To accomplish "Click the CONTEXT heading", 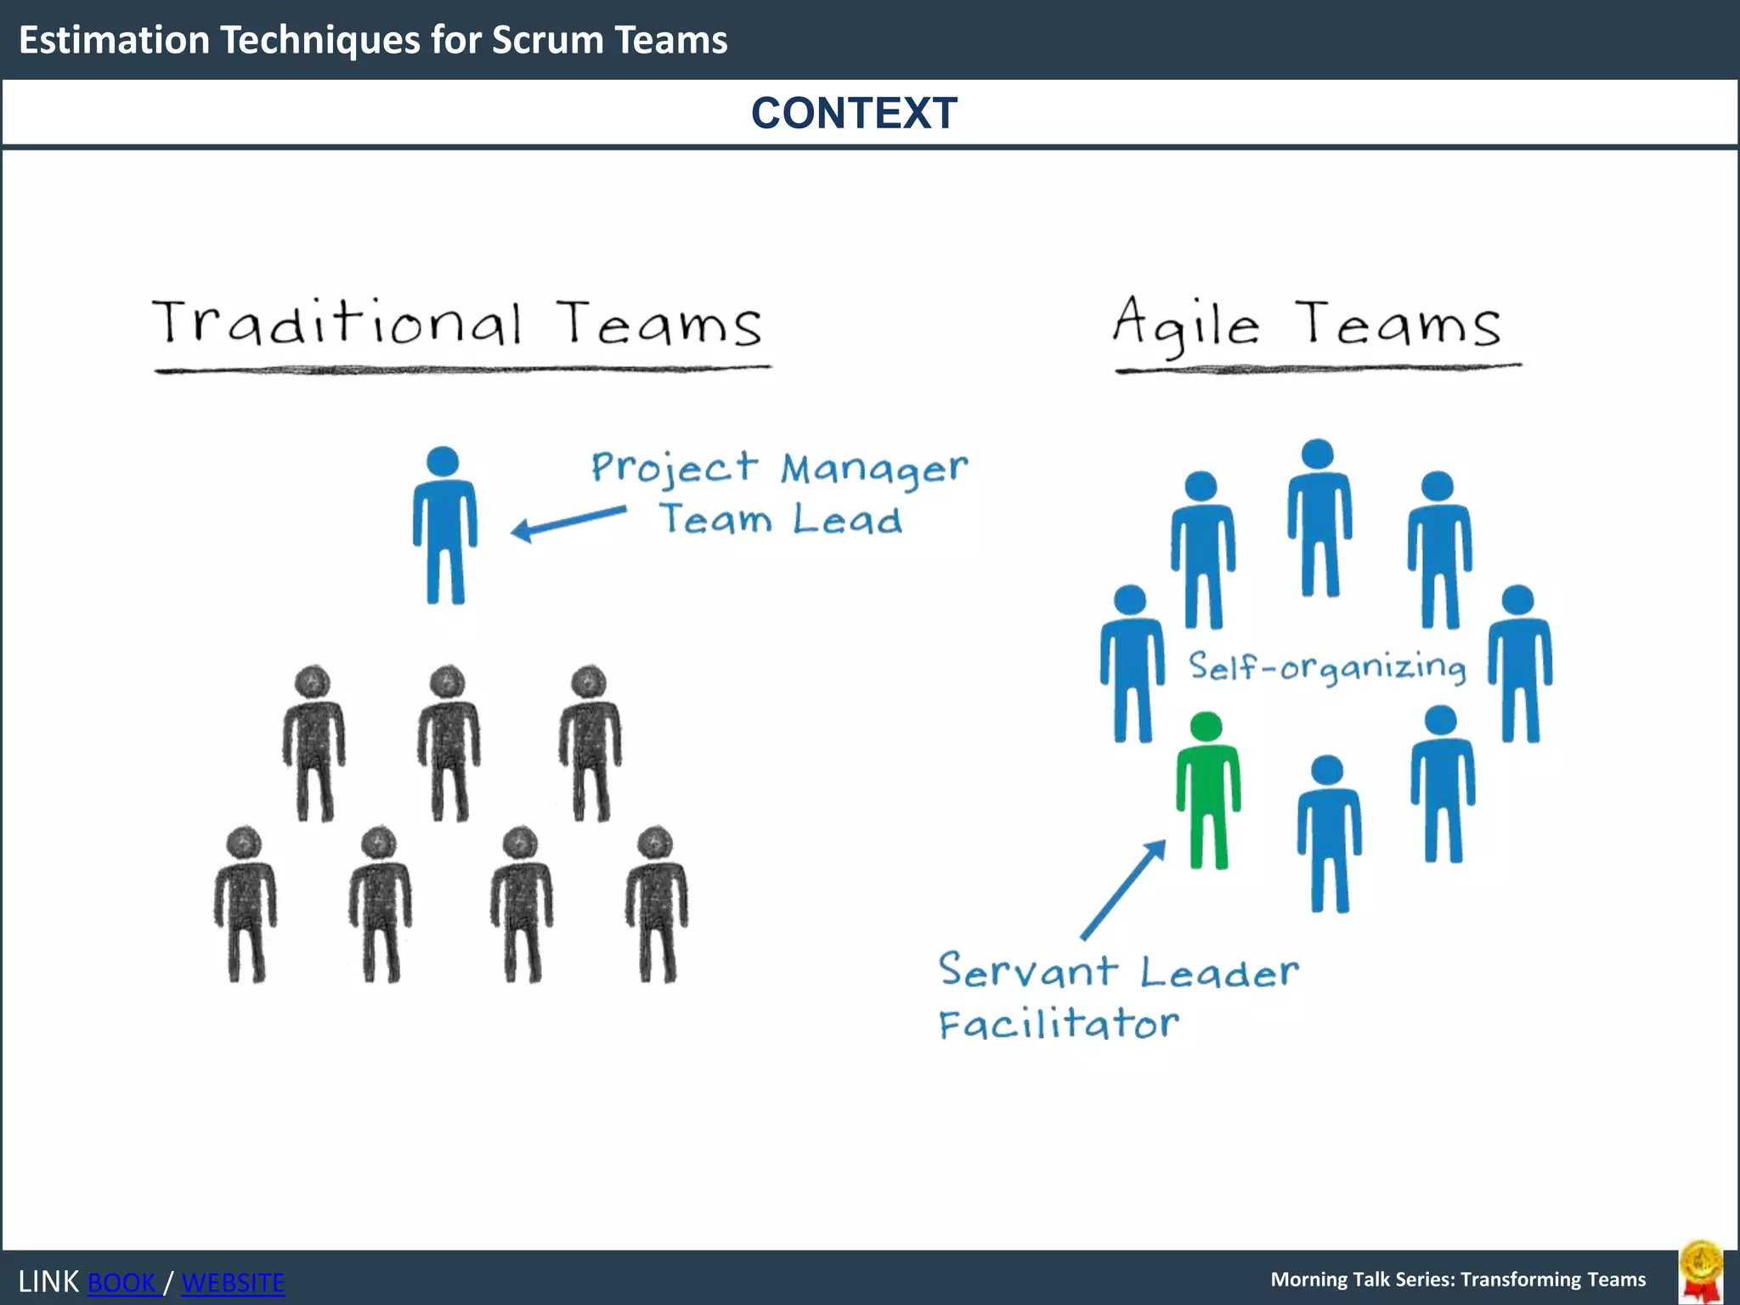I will pyautogui.click(x=854, y=113).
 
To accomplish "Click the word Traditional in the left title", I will pyautogui.click(x=337, y=324).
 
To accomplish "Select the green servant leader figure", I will pyautogui.click(x=1207, y=790).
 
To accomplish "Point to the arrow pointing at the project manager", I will pyautogui.click(x=568, y=522).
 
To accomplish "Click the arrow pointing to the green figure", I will pyautogui.click(x=1123, y=890).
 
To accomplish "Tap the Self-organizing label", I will pyautogui.click(x=1327, y=667).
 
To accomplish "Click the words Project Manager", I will pyautogui.click(x=779, y=468).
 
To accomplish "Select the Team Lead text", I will pyautogui.click(x=781, y=519).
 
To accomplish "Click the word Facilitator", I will pyautogui.click(x=1059, y=1024).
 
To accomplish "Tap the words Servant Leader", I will pyautogui.click(x=1118, y=971).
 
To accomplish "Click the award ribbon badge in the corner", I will pyautogui.click(x=1701, y=1271).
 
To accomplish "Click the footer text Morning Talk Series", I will pyautogui.click(x=1458, y=1280).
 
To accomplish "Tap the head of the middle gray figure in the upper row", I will pyautogui.click(x=448, y=682).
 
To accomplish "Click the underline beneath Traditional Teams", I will pyautogui.click(x=462, y=370).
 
